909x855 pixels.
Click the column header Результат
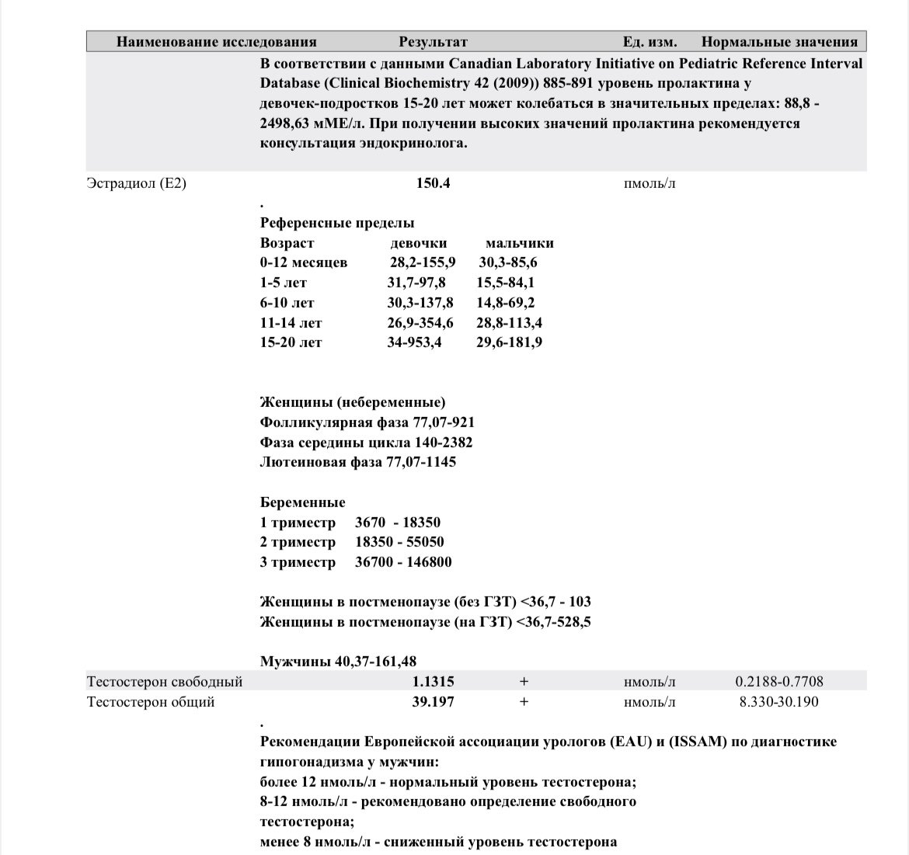click(433, 42)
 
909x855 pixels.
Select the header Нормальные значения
click(779, 42)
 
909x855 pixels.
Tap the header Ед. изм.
click(650, 42)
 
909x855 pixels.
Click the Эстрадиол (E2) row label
click(137, 184)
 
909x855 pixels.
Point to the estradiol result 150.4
click(434, 184)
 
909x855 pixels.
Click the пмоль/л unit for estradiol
click(650, 184)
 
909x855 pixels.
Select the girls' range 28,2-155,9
click(423, 262)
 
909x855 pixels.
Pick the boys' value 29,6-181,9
click(510, 342)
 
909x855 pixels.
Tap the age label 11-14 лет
click(291, 322)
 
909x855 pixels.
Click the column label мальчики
click(520, 243)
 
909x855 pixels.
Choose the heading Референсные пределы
click(337, 223)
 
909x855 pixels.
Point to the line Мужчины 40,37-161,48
click(338, 662)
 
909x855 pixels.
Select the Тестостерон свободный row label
click(165, 682)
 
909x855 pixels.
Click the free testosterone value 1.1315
click(433, 682)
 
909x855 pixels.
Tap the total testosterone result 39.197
click(433, 702)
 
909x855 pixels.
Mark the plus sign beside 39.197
click(524, 702)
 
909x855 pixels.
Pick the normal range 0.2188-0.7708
click(779, 682)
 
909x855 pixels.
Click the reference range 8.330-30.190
click(779, 702)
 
